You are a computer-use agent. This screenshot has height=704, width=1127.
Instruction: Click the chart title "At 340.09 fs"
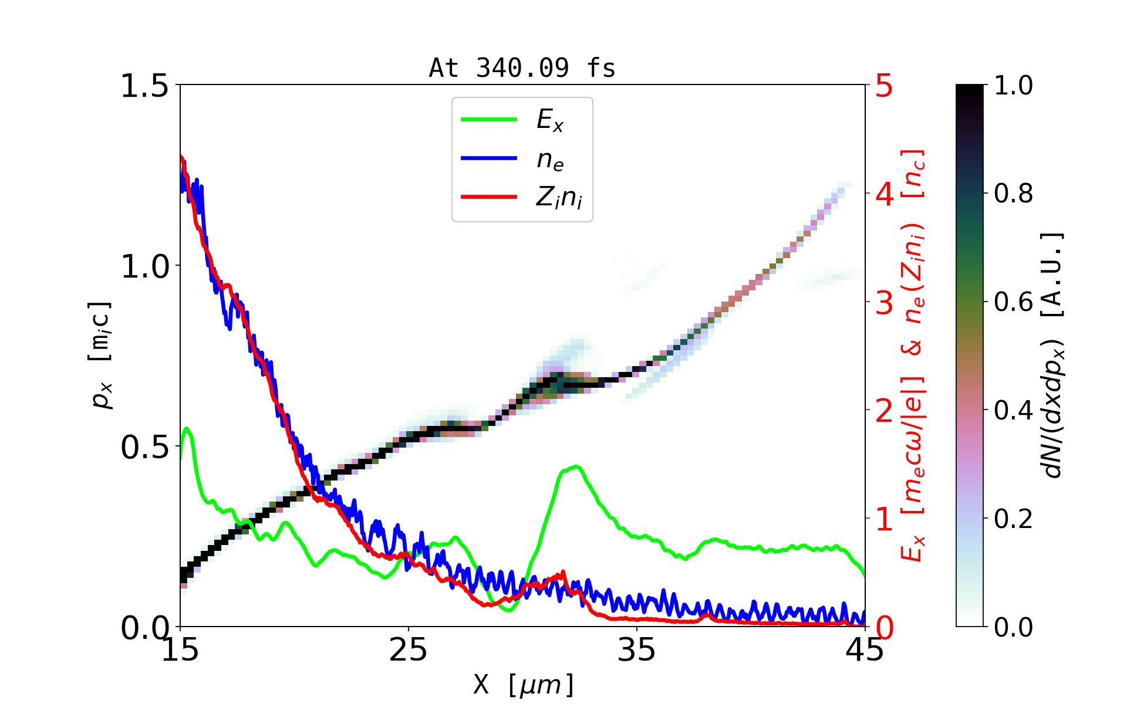522,68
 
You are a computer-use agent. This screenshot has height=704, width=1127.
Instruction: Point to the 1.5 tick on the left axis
144,86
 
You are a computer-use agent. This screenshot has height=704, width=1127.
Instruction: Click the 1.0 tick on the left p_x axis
144,266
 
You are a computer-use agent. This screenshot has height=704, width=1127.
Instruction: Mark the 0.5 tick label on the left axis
144,447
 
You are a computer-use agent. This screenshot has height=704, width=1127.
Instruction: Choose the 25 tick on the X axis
408,650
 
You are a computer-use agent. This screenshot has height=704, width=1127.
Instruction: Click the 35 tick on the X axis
637,650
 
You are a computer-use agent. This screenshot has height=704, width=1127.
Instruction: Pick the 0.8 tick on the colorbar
1013,194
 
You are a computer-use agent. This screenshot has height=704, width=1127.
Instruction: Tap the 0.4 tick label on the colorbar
1013,411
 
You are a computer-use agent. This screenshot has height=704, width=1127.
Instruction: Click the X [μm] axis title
524,684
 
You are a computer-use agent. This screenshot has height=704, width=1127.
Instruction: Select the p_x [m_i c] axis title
100,355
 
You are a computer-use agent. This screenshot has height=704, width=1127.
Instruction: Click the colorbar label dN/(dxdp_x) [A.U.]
1054,355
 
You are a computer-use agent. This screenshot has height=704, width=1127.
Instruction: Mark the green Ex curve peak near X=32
577,466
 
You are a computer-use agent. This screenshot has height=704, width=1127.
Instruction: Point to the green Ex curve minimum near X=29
508,610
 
